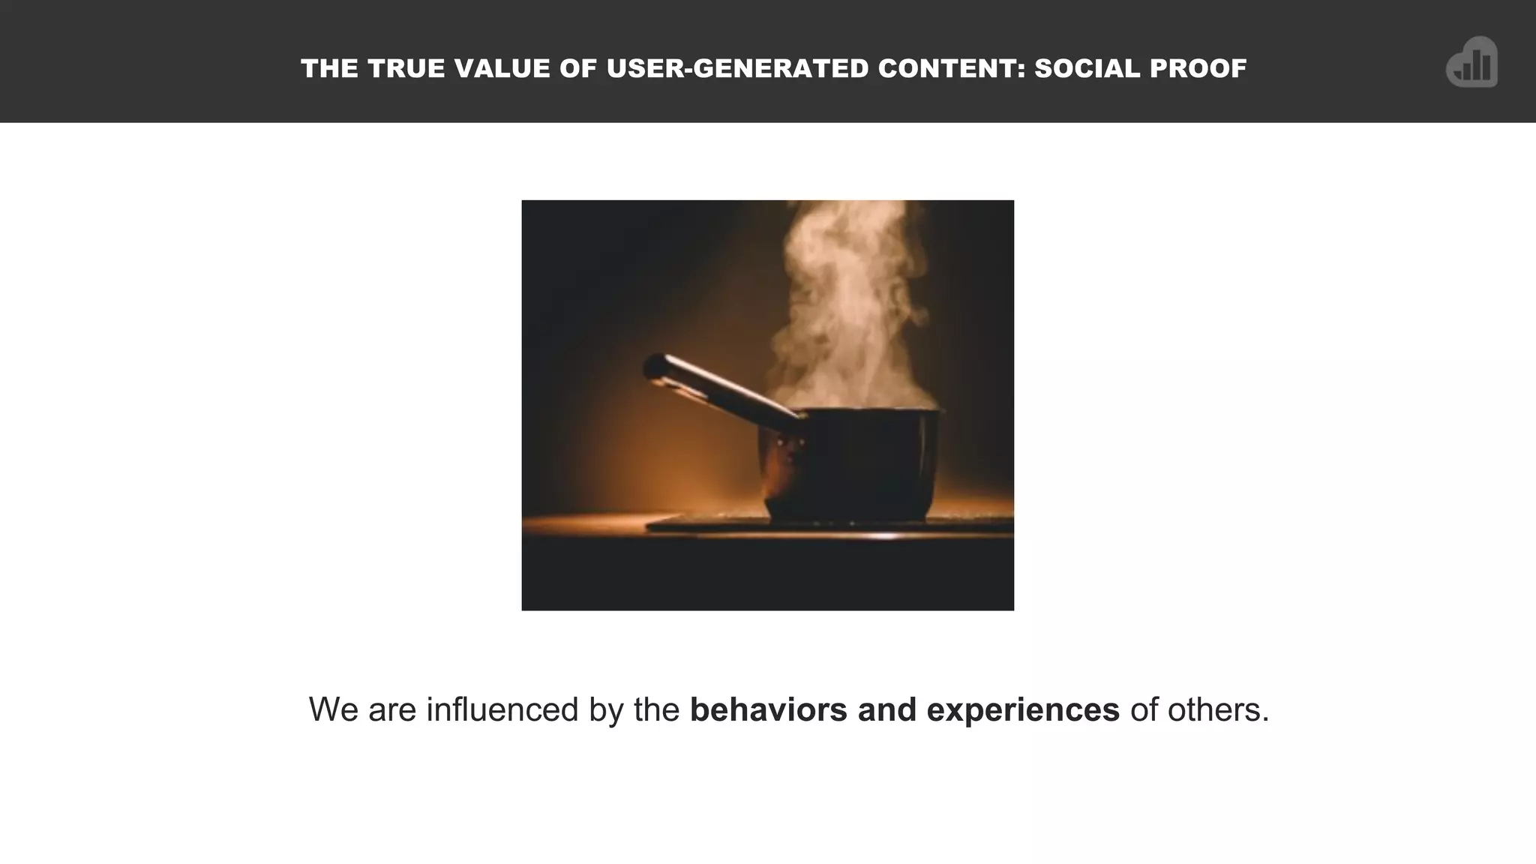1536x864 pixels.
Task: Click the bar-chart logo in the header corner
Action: [x=1471, y=63]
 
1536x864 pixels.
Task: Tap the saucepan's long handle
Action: [x=720, y=388]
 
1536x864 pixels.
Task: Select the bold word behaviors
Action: [x=768, y=710]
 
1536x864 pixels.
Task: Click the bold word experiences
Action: [x=1023, y=710]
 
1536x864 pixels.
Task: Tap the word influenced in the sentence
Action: [x=502, y=710]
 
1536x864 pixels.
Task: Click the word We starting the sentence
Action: [x=333, y=710]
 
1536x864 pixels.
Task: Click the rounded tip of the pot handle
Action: [x=654, y=367]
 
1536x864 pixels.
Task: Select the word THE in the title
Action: [x=329, y=69]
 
